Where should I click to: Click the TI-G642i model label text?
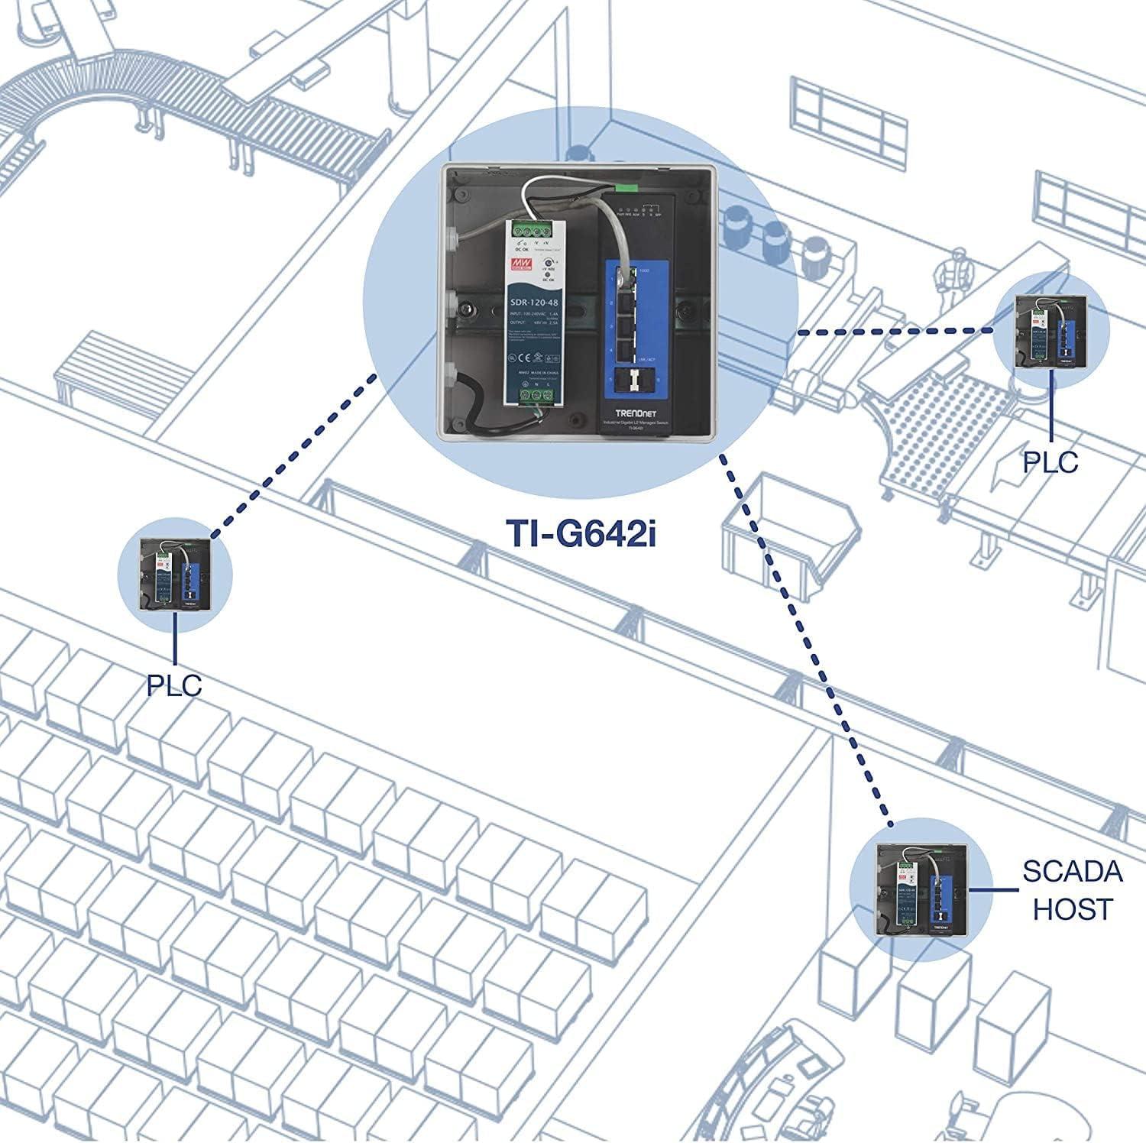[581, 533]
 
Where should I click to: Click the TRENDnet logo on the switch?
[636, 413]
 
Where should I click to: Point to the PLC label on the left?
[174, 685]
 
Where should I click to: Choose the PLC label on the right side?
[1050, 461]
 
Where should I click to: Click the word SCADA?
[1073, 872]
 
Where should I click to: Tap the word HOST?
[1073, 909]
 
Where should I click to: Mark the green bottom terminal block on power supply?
[536, 394]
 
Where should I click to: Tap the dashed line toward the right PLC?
[894, 332]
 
